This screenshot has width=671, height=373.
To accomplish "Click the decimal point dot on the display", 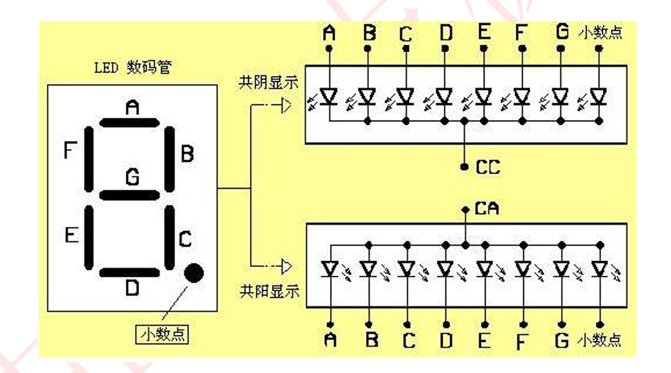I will [194, 273].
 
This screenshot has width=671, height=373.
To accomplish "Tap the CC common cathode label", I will [487, 167].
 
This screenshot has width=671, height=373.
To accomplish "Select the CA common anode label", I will [487, 209].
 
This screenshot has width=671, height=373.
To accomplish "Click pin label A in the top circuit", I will [329, 31].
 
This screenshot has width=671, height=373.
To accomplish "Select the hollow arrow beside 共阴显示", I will [283, 105].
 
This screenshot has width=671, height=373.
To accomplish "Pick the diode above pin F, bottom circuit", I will [522, 268].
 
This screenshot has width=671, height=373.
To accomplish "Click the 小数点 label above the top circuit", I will [600, 33].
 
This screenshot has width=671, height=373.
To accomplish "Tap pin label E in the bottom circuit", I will [484, 340].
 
